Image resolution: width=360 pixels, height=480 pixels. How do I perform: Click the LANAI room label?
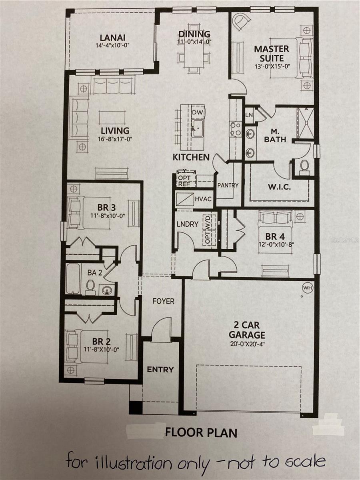point(112,38)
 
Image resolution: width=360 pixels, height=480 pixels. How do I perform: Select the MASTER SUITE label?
point(272,53)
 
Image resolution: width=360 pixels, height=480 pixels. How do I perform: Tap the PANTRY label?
point(228,185)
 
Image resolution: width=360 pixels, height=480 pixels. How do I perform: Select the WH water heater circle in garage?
point(308,288)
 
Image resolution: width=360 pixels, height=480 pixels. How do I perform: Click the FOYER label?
point(163,301)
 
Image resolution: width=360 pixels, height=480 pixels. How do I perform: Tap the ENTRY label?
point(160,369)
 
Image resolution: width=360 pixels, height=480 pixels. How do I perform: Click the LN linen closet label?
point(248,115)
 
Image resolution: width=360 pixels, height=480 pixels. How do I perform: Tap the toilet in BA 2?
point(90,286)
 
